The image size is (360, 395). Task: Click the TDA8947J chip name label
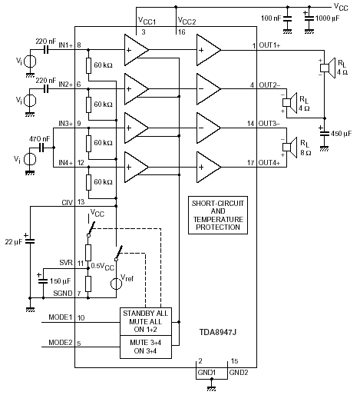[x=218, y=332]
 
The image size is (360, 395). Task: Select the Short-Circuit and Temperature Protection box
[x=218, y=215]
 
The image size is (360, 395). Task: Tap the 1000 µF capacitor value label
[x=327, y=18]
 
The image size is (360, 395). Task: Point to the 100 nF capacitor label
[x=271, y=18]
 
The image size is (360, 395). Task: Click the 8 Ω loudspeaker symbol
[x=289, y=148]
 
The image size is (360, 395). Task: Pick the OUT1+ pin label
[x=269, y=45]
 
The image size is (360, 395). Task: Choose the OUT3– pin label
[x=269, y=124]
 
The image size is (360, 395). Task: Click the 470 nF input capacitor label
[x=40, y=139]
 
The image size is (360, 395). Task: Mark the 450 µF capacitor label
[x=341, y=134]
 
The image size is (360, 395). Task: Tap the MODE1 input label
[x=61, y=317]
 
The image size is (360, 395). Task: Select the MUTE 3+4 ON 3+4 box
[x=146, y=347]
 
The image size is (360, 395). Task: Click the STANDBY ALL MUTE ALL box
[x=146, y=321]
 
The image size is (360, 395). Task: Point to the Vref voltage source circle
[x=116, y=284]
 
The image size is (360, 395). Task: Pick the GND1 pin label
[x=206, y=373]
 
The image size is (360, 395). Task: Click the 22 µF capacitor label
[x=14, y=242]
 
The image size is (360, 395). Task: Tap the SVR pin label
[x=66, y=263]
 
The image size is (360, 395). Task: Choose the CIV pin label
[x=68, y=202]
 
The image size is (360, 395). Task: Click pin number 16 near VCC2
[x=182, y=32]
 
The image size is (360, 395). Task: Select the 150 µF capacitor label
[x=60, y=281]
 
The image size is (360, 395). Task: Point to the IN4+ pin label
[x=66, y=163]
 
